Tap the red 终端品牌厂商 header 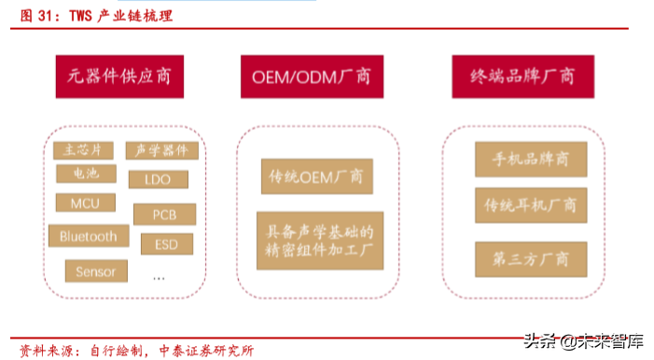(x=513, y=76)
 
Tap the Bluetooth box (x=89, y=236)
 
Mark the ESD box (x=166, y=244)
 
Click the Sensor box (x=95, y=270)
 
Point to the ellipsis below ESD (x=159, y=277)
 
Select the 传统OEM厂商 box (x=316, y=175)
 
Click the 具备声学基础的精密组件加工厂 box (x=320, y=239)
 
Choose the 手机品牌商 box (x=532, y=159)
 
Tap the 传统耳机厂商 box (x=530, y=203)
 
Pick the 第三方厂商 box (x=531, y=258)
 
